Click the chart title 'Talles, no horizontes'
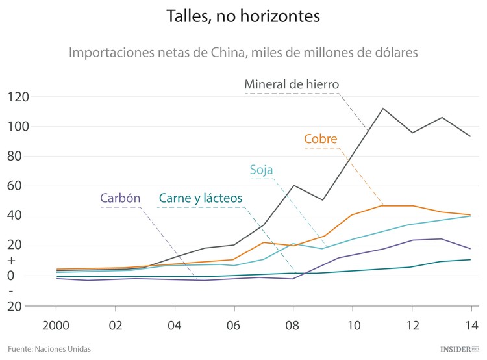click(x=243, y=17)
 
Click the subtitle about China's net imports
click(x=243, y=51)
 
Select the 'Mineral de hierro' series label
click(x=292, y=84)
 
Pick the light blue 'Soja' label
click(x=262, y=170)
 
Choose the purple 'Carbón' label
click(x=121, y=198)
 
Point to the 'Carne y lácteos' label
click(x=201, y=198)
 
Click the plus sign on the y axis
click(x=11, y=261)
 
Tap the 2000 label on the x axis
click(x=58, y=325)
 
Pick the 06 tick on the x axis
click(x=234, y=325)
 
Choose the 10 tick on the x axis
click(x=353, y=325)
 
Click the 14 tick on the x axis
click(x=471, y=325)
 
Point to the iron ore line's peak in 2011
click(x=382, y=109)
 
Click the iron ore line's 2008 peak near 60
click(x=293, y=185)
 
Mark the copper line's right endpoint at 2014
click(x=471, y=215)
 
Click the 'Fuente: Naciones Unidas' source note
click(x=49, y=349)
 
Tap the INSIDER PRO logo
click(x=459, y=349)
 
